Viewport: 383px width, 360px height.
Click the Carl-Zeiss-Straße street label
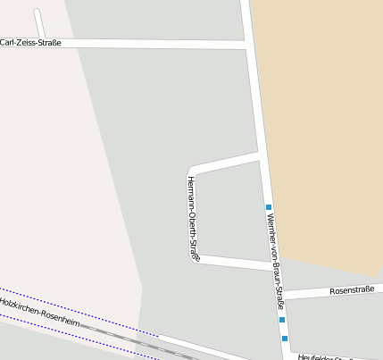[30, 42]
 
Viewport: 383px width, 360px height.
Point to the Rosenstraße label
[351, 290]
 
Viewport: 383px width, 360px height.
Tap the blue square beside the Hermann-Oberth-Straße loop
[268, 207]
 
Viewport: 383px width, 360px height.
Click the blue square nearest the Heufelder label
[285, 339]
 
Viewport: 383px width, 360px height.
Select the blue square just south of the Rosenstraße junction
[281, 319]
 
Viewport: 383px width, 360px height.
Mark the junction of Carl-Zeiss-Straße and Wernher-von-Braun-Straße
[247, 43]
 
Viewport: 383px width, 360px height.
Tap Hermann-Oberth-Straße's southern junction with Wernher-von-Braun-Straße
[271, 265]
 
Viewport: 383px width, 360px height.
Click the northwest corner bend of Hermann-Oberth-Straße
[191, 170]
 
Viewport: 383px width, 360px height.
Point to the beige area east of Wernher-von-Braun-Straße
[321, 134]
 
